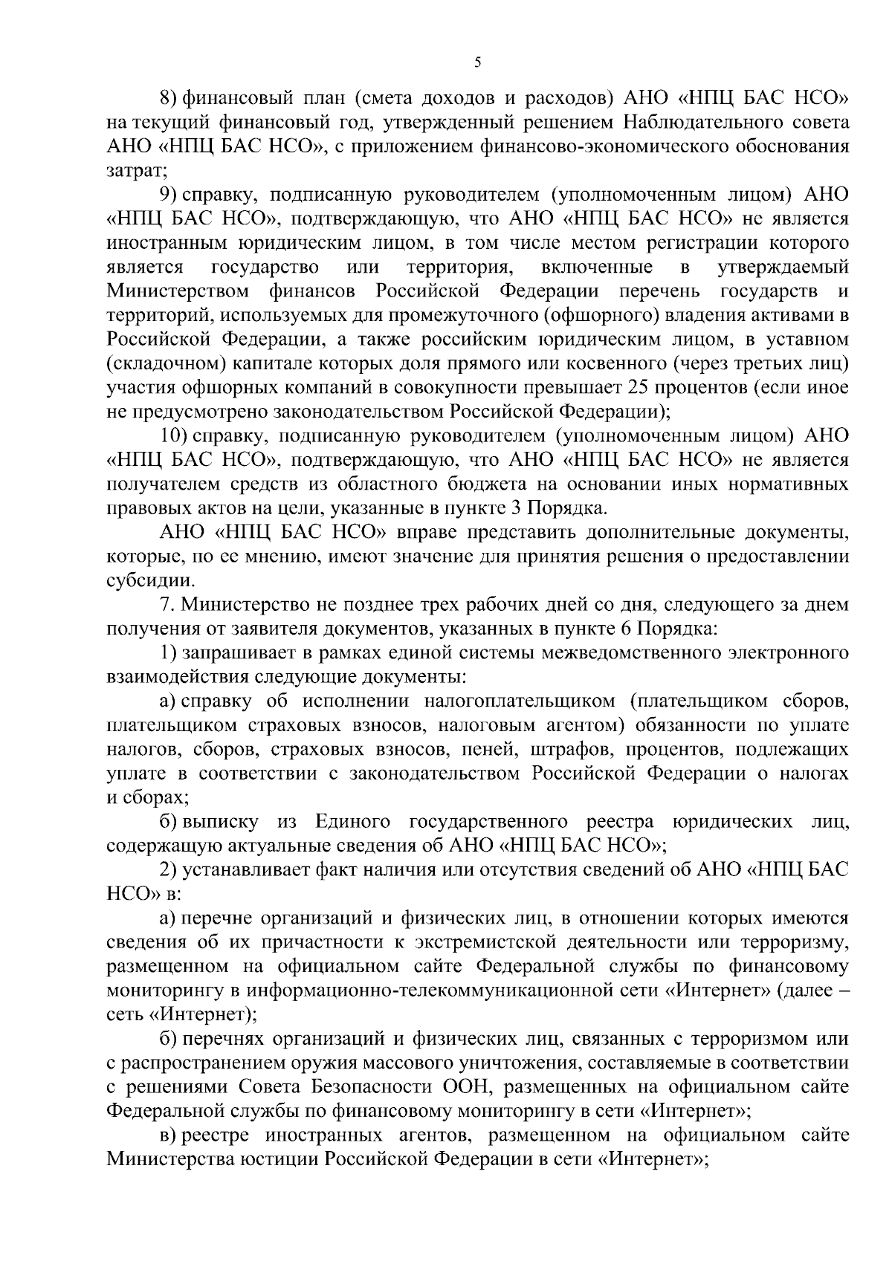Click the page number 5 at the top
pos(477,64)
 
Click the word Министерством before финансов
pos(173,291)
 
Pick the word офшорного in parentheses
pos(604,315)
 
